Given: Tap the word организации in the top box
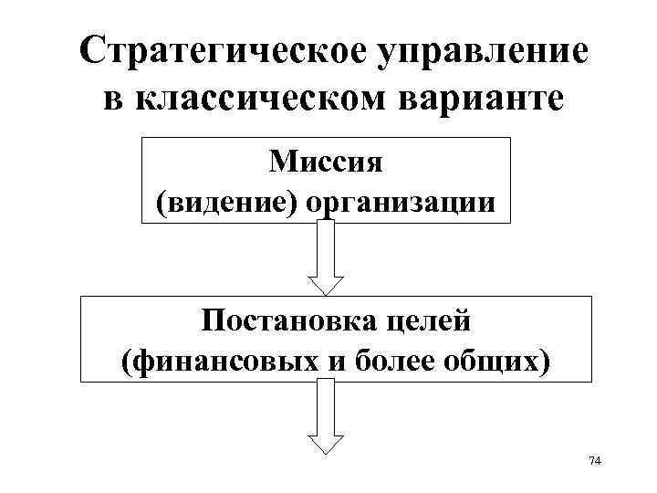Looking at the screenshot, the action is (x=402, y=202).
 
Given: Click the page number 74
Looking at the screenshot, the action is (x=595, y=462).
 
